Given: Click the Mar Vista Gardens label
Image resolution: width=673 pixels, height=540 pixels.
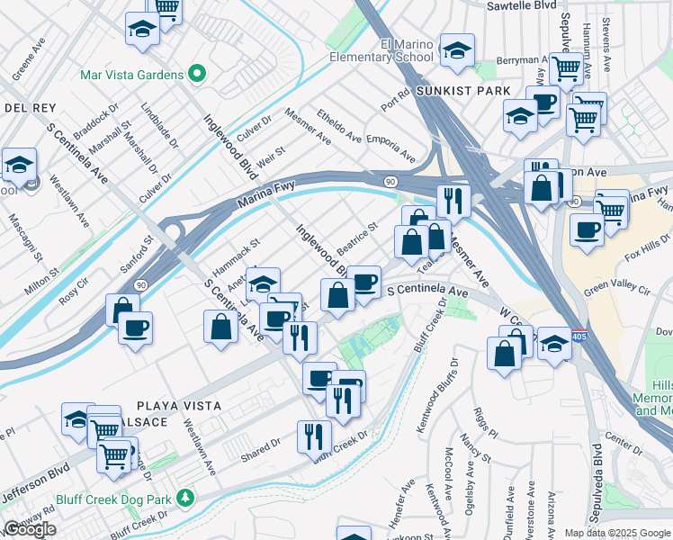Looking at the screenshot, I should (131, 75).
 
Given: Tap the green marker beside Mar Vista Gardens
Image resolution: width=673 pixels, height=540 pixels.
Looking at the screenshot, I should (195, 75).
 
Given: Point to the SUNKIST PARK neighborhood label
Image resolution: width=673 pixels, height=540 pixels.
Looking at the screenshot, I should (464, 92).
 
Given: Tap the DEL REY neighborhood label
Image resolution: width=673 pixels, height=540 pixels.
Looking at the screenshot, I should (25, 108).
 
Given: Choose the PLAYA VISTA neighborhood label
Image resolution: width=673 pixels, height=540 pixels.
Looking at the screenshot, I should (179, 406).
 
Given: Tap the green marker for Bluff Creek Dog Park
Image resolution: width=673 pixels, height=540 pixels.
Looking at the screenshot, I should (185, 497).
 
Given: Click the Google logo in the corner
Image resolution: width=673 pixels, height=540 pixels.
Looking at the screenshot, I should (30, 529).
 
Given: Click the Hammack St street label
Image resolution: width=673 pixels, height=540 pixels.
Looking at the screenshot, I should (236, 256).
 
